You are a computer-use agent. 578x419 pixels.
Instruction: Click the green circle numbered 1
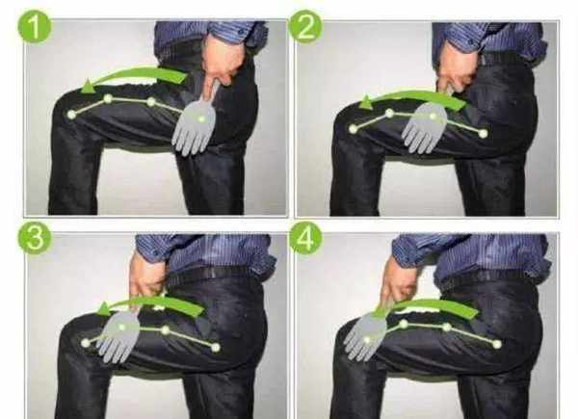tap(35, 27)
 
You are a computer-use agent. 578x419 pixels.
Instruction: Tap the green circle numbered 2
tap(305, 27)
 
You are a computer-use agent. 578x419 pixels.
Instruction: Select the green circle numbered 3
tap(35, 238)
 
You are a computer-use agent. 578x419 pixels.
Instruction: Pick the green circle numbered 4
tap(305, 238)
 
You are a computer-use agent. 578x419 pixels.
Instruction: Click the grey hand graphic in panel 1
tap(195, 123)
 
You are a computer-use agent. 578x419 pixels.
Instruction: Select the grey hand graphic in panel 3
tap(118, 335)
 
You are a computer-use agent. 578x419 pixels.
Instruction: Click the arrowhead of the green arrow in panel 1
tap(88, 87)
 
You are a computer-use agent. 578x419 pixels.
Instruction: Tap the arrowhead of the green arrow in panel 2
tap(366, 102)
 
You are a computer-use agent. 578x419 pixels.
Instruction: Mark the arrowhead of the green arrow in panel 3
tap(105, 309)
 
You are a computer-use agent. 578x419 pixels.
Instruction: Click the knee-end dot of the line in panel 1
tap(71, 115)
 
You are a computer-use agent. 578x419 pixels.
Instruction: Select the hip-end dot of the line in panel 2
tap(484, 133)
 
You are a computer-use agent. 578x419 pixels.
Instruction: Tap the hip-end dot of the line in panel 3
tap(216, 347)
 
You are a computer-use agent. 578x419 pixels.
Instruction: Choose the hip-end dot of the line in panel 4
tap(497, 344)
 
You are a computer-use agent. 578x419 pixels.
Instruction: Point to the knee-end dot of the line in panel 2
tap(354, 129)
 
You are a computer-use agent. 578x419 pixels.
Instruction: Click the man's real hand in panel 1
tap(223, 61)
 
